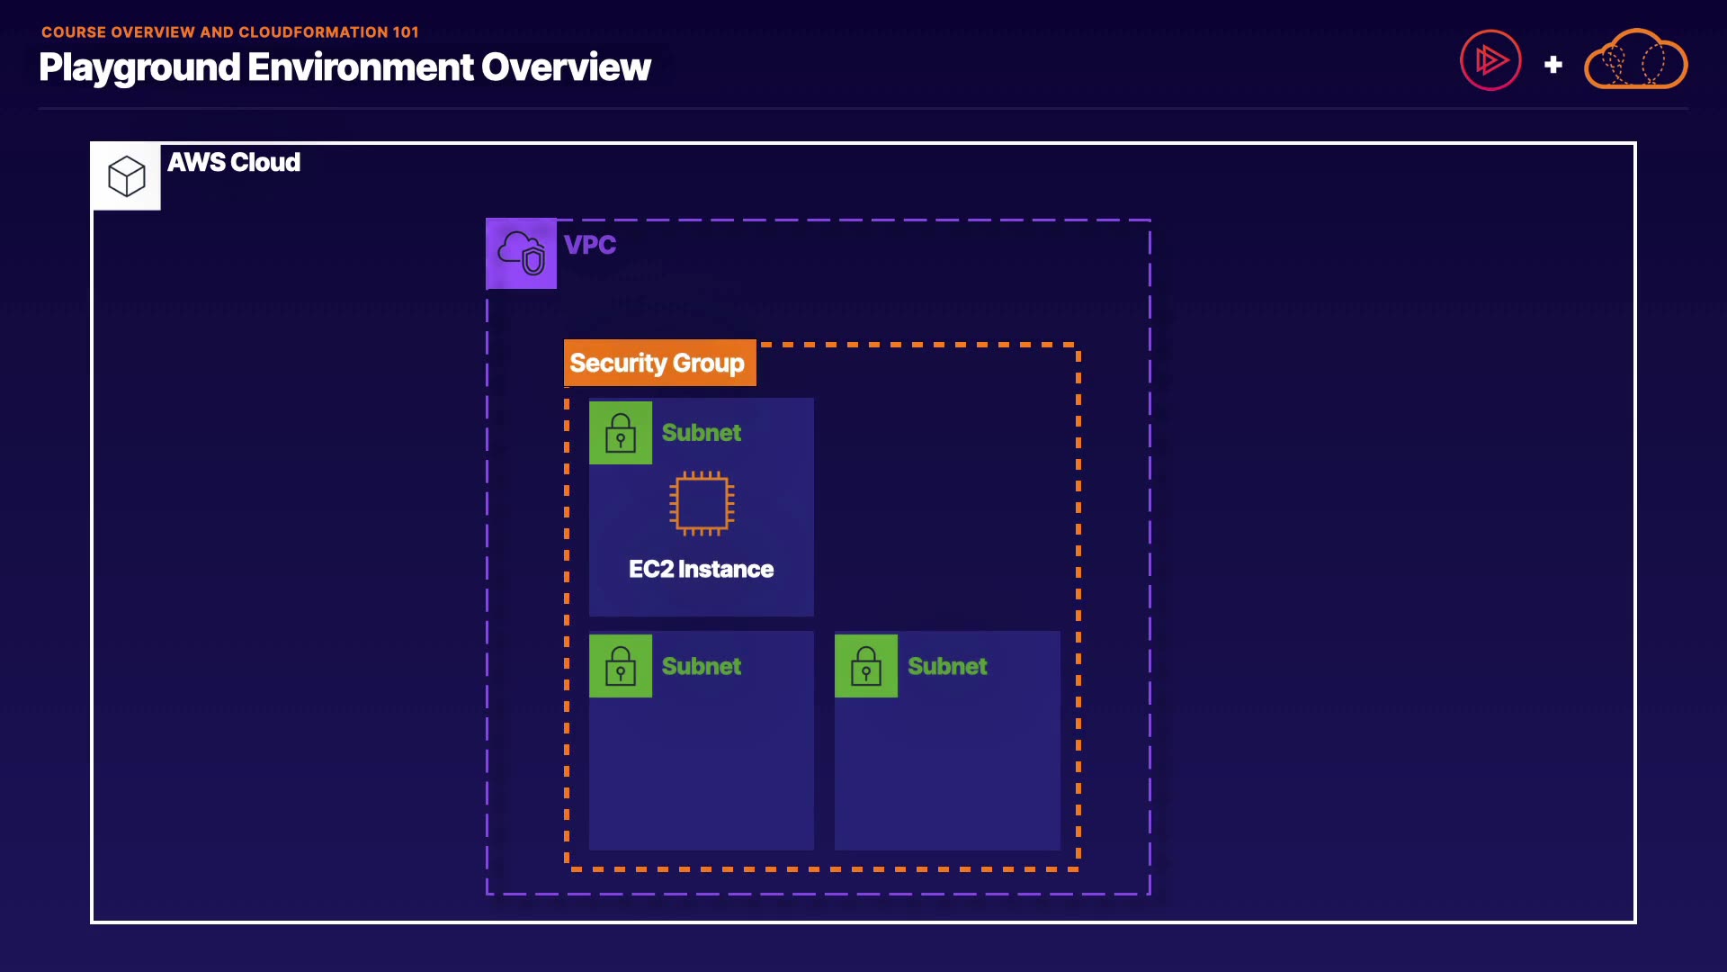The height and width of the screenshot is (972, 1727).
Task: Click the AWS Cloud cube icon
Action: point(127,176)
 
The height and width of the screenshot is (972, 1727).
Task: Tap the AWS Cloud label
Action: point(234,163)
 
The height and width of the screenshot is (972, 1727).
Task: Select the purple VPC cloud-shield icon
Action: point(522,253)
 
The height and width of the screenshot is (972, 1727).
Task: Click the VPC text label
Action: point(590,245)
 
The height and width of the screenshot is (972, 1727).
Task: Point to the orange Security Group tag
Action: point(659,363)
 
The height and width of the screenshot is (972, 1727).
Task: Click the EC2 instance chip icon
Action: point(702,503)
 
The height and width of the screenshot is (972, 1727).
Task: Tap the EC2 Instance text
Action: point(701,570)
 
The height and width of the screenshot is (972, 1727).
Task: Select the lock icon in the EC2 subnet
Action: point(621,433)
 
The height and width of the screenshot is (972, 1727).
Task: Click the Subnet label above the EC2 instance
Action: point(702,433)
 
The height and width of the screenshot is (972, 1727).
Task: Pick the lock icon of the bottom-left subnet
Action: point(621,666)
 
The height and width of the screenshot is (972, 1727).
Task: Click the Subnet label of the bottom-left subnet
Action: point(702,666)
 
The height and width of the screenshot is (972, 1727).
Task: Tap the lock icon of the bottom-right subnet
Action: point(866,666)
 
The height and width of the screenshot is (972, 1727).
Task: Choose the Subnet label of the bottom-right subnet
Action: point(947,666)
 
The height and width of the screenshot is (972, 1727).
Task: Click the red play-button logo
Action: point(1490,60)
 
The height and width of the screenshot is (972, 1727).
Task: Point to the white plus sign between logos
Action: point(1553,65)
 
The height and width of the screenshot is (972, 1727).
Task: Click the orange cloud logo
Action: point(1636,60)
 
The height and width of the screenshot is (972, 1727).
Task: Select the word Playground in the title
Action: point(139,68)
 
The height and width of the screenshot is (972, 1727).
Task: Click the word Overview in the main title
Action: point(566,67)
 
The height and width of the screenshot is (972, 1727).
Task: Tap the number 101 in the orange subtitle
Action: point(406,32)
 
